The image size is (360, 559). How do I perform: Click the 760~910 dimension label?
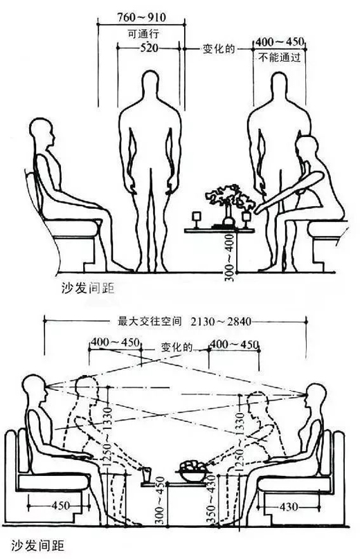pyautogui.click(x=142, y=17)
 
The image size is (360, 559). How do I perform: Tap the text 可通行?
pyautogui.click(x=143, y=33)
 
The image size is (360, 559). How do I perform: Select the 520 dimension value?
pyautogui.click(x=149, y=48)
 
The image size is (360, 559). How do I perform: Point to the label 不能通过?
pyautogui.click(x=280, y=57)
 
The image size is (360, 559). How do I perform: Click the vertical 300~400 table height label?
pyautogui.click(x=231, y=258)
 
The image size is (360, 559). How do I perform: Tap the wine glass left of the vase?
pyautogui.click(x=197, y=219)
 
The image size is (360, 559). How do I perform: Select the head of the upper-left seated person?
pyautogui.click(x=42, y=132)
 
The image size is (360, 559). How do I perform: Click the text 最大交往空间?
pyautogui.click(x=150, y=322)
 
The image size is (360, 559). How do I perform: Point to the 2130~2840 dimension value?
pyautogui.click(x=222, y=322)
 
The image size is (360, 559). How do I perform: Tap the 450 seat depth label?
pyautogui.click(x=61, y=505)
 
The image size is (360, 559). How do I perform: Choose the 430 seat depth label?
pyautogui.click(x=288, y=506)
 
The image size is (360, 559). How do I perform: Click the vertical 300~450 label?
pyautogui.click(x=160, y=500)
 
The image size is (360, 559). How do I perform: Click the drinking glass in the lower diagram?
pyautogui.click(x=146, y=475)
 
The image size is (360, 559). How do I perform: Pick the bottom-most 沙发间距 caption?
pyautogui.click(x=37, y=545)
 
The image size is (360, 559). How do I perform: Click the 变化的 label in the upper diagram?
pyautogui.click(x=219, y=48)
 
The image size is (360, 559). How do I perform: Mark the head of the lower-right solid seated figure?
pyautogui.click(x=316, y=395)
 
